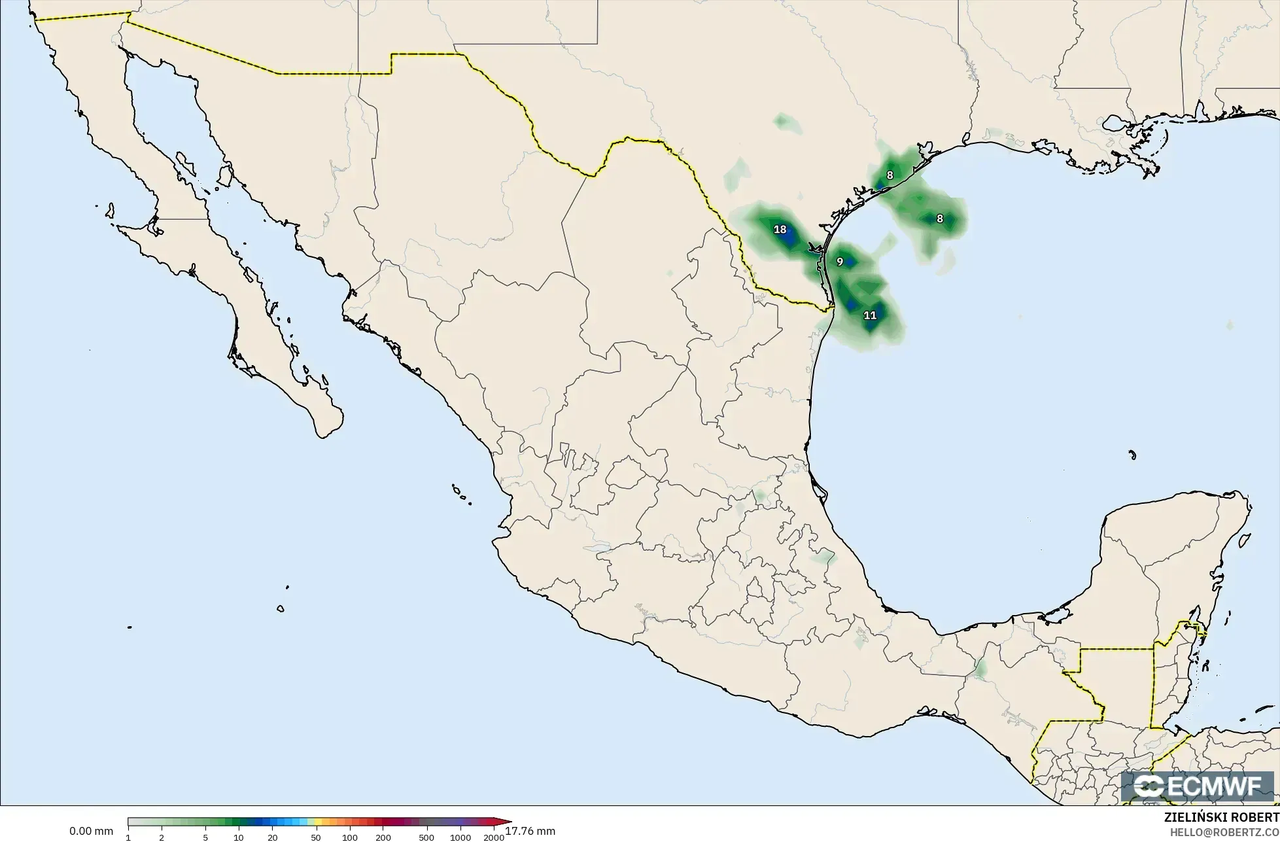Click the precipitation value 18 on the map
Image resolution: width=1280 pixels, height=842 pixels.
click(x=780, y=230)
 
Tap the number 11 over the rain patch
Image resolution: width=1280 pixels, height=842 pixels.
click(x=870, y=315)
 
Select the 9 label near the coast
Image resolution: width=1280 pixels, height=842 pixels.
click(x=840, y=262)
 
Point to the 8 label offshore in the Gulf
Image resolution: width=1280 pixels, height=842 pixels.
click(x=940, y=219)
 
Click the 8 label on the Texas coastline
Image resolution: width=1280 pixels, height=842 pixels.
click(x=890, y=175)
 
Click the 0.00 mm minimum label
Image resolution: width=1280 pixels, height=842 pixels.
click(x=91, y=832)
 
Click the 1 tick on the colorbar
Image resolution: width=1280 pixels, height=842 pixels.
click(x=128, y=837)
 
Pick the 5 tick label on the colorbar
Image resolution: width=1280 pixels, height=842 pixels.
click(x=205, y=837)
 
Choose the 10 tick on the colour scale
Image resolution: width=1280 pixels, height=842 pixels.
click(x=239, y=837)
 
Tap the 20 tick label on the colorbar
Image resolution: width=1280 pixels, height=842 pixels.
click(x=273, y=837)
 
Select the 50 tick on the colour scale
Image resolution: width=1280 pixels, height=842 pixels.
click(x=317, y=837)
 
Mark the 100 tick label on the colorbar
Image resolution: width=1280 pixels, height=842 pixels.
click(x=350, y=837)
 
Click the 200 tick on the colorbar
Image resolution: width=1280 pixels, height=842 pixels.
click(x=383, y=837)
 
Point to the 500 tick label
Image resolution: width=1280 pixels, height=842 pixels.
click(x=427, y=837)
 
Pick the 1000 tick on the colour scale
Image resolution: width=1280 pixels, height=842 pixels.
click(x=460, y=837)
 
